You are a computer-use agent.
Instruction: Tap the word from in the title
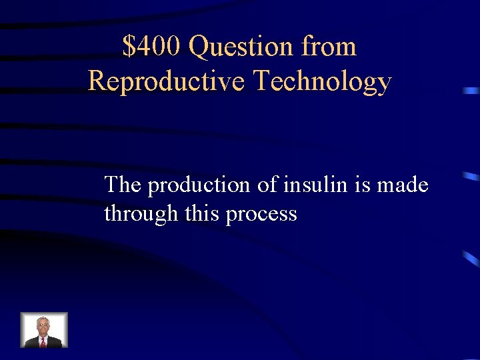click(x=329, y=47)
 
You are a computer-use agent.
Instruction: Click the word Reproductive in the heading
click(x=166, y=81)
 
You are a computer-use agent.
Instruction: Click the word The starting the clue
click(x=123, y=184)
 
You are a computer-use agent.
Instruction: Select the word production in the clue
click(x=199, y=185)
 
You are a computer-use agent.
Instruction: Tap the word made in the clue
click(x=403, y=184)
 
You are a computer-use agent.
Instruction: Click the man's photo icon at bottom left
click(x=43, y=330)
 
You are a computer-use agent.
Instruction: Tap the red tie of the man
click(x=43, y=341)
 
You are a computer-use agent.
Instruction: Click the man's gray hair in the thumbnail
click(x=43, y=319)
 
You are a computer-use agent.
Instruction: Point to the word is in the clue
click(x=362, y=184)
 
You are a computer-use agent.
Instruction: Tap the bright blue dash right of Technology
click(x=471, y=89)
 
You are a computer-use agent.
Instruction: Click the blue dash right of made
click(x=471, y=177)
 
